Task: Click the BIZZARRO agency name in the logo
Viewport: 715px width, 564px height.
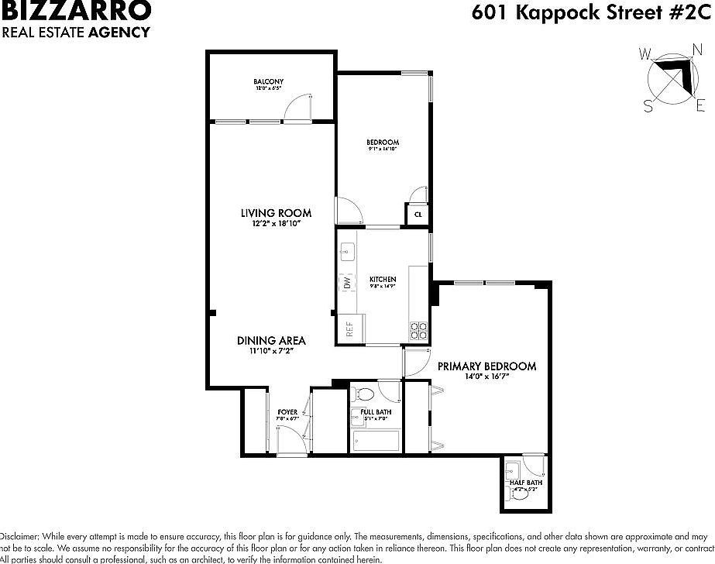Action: click(x=76, y=11)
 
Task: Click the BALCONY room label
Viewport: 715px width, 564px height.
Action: click(x=268, y=81)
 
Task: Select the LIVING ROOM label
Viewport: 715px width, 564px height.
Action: click(x=276, y=213)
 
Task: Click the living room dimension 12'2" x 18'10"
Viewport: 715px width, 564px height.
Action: click(x=276, y=224)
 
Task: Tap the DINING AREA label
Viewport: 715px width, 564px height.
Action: click(x=271, y=340)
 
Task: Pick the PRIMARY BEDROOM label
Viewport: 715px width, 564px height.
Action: click(x=486, y=366)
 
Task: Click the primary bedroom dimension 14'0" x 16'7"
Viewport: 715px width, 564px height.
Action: click(x=486, y=377)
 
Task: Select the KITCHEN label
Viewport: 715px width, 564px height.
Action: click(x=383, y=280)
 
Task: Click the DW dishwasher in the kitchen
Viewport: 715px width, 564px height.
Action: click(x=346, y=284)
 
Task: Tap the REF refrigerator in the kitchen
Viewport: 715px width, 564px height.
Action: click(x=349, y=329)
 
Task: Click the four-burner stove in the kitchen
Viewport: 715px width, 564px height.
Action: click(x=418, y=331)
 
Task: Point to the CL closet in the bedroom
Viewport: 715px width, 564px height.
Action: click(x=418, y=214)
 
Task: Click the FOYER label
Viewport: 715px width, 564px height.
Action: click(x=287, y=412)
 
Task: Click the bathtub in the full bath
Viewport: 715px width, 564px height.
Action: click(x=376, y=441)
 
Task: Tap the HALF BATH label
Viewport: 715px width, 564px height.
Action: click(x=526, y=483)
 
